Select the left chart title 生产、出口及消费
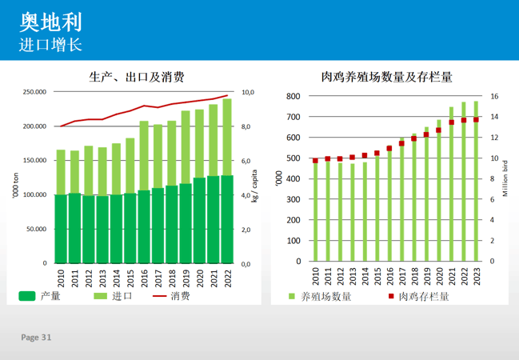click(137, 78)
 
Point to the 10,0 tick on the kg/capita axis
click(247, 93)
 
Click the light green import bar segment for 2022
click(227, 136)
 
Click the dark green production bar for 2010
click(61, 228)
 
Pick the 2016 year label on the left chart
click(144, 278)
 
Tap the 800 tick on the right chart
click(293, 97)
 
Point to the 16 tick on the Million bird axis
click(493, 97)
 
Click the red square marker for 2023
click(477, 119)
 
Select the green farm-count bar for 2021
click(451, 184)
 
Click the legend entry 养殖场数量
click(325, 296)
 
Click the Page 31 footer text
click(36, 338)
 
